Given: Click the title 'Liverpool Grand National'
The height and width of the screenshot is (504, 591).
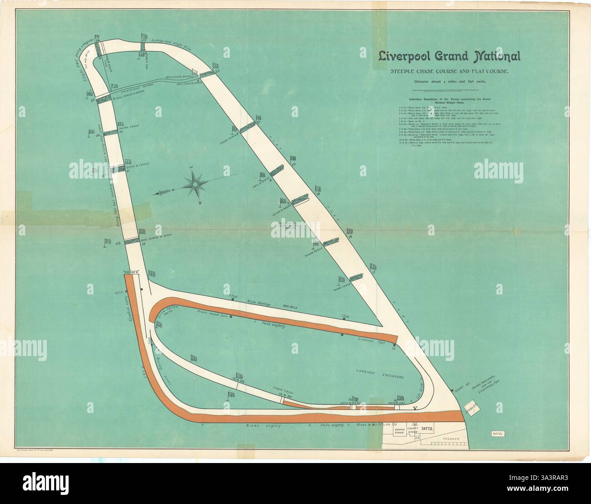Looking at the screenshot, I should click(450, 56).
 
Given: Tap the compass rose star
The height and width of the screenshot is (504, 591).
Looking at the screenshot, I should click(195, 183).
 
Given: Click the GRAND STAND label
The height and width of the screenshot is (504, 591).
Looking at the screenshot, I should click(400, 431).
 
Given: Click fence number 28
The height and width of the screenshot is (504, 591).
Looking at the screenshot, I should click(118, 244).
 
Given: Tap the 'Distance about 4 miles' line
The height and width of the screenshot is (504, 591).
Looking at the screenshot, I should click(450, 81).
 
